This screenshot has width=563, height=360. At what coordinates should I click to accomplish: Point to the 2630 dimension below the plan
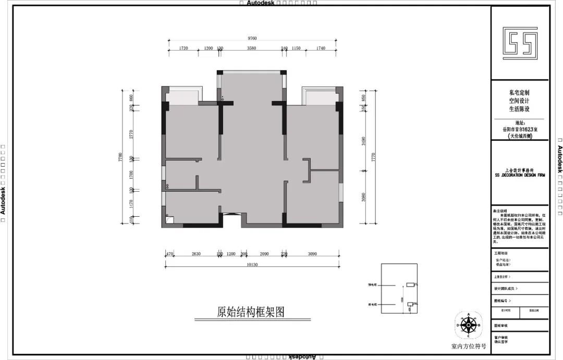click(196, 254)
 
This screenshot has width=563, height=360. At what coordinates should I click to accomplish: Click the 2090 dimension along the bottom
click(264, 254)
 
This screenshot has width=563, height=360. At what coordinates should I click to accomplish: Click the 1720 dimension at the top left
click(183, 48)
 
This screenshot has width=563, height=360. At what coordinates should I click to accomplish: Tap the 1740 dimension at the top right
click(321, 48)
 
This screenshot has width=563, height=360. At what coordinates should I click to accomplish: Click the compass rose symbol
click(469, 325)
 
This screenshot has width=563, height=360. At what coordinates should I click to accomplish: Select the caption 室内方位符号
click(469, 345)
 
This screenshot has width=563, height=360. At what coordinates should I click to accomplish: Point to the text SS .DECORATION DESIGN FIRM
click(520, 176)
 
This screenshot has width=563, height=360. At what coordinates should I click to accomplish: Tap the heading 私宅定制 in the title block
click(519, 91)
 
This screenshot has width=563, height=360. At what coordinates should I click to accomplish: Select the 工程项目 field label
click(500, 252)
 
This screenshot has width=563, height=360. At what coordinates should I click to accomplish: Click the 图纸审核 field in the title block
click(501, 326)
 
